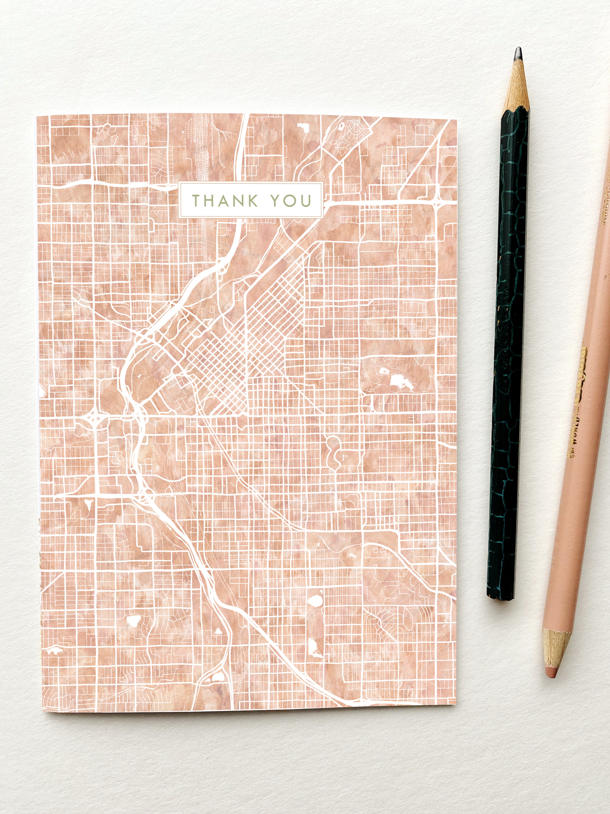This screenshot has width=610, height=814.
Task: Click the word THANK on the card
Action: point(225,200)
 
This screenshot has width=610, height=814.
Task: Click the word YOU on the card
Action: point(291,200)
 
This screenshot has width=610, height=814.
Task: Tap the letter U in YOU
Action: point(306,200)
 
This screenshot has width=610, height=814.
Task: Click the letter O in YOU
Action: point(291,200)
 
